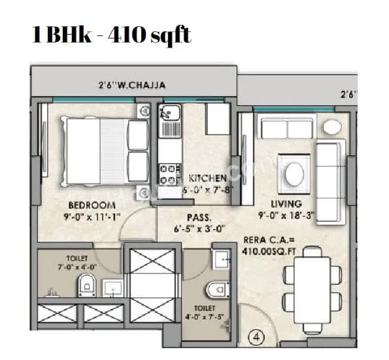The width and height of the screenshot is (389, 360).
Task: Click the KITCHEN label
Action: pos(207,178)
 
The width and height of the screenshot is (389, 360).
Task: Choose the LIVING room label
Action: pos(285,205)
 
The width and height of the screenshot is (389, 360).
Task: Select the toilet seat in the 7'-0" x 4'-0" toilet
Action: pos(86,285)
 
